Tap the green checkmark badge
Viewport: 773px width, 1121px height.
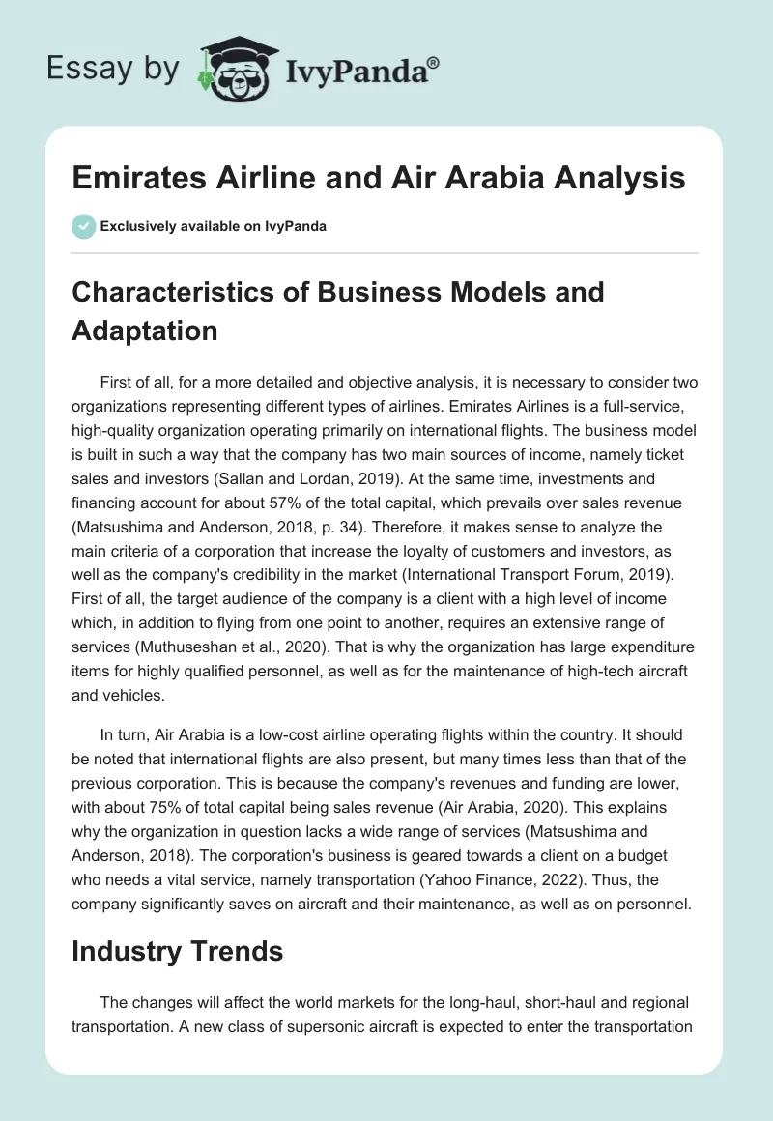point(83,226)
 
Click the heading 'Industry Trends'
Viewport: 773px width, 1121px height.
point(177,951)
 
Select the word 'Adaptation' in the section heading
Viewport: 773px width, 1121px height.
point(144,330)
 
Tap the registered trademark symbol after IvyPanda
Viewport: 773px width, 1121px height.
point(434,62)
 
